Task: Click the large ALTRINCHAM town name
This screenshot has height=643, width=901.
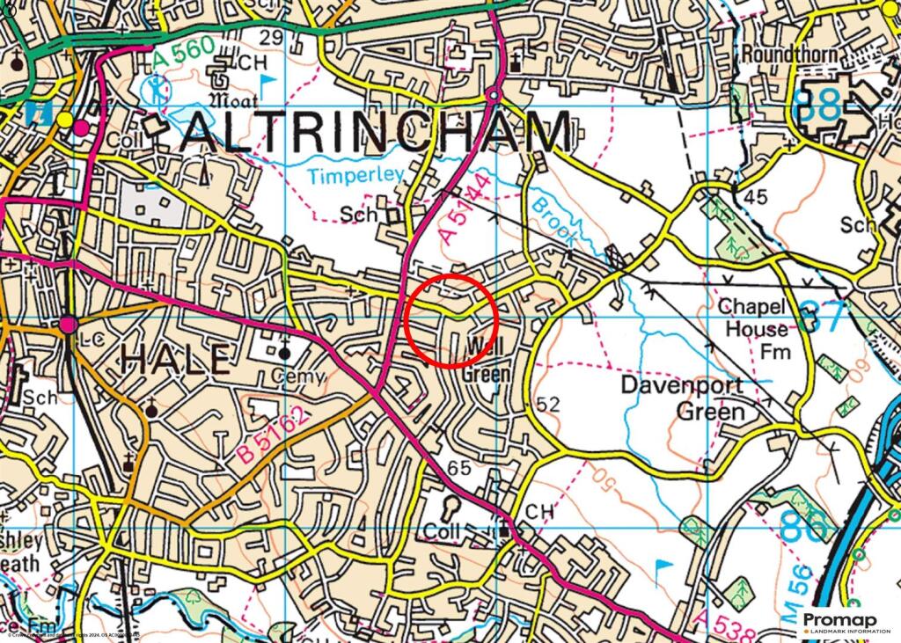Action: tap(379, 135)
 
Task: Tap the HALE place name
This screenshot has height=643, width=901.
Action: tap(175, 359)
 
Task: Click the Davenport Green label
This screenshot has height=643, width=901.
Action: tap(681, 398)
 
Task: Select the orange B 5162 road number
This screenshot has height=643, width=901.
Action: tap(273, 437)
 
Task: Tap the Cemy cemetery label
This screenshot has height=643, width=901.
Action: tap(298, 376)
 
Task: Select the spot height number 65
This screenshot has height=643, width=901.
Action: tap(458, 468)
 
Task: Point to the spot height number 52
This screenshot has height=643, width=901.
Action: tap(547, 404)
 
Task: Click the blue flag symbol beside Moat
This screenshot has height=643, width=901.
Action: tap(267, 84)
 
